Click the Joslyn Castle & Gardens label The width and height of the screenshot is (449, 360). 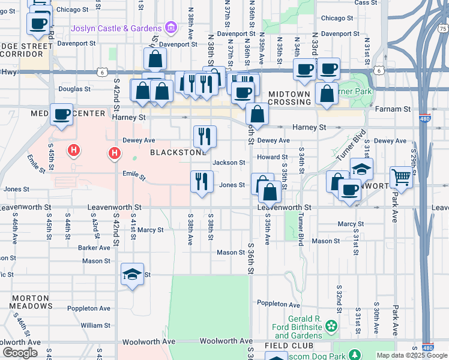[x=116, y=28]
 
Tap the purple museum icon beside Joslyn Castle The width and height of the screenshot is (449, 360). [x=171, y=28]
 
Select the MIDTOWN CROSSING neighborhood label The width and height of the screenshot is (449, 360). [x=289, y=98]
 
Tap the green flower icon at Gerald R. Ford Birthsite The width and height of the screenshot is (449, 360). [x=330, y=326]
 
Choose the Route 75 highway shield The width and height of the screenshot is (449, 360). [x=442, y=28]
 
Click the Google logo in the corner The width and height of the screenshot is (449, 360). [x=20, y=353]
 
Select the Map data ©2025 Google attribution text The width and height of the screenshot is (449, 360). [x=412, y=355]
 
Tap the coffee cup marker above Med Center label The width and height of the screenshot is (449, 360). [x=61, y=114]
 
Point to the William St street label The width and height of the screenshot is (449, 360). [x=95, y=325]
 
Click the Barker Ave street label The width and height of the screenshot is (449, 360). [x=93, y=247]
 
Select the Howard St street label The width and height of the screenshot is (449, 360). [x=268, y=157]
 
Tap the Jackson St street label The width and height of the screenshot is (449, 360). [x=229, y=163]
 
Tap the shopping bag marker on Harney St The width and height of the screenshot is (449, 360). [x=257, y=115]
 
